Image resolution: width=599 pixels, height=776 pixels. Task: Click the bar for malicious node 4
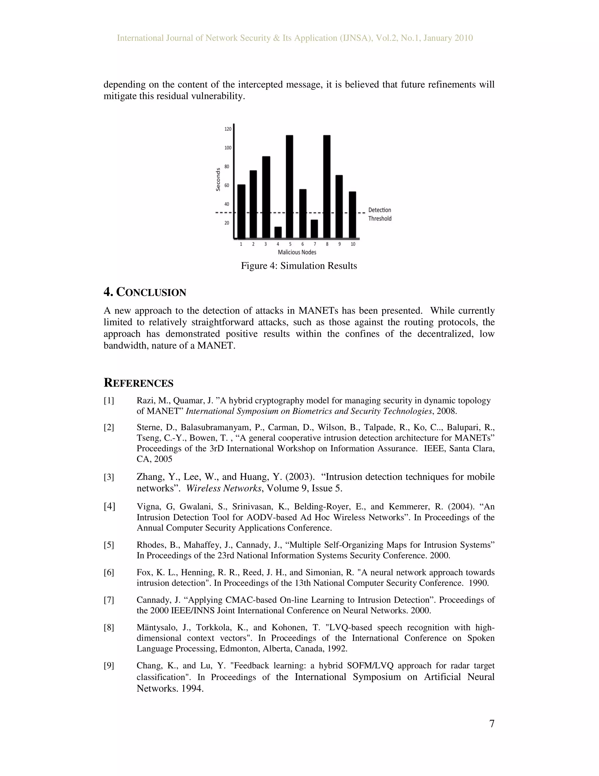coord(278,233)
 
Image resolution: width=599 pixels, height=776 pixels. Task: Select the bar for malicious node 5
coord(290,187)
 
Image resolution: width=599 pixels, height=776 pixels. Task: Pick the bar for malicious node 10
coord(352,215)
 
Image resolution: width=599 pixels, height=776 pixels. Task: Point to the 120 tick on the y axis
coord(228,129)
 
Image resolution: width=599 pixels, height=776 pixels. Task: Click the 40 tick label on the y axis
coord(227,204)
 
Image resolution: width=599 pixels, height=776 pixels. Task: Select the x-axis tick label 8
coord(327,244)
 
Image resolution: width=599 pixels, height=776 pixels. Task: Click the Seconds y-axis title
coord(218,180)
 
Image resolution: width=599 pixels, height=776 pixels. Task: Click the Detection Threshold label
coord(380,214)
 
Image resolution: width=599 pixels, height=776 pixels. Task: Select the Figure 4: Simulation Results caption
coord(299,266)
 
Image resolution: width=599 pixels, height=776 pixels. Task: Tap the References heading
coord(138,383)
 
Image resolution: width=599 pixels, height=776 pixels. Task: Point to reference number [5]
coord(109,545)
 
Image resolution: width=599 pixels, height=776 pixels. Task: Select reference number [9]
coord(109,666)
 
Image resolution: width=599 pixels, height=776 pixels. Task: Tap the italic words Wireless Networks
coord(223,488)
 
